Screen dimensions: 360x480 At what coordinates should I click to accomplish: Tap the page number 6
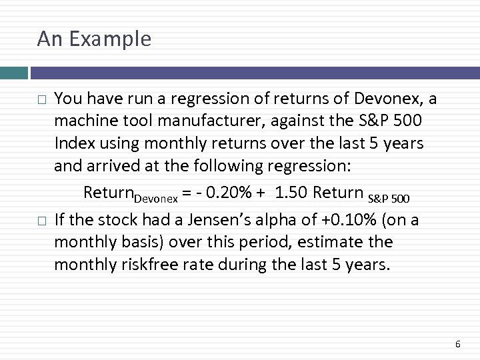pyautogui.click(x=457, y=344)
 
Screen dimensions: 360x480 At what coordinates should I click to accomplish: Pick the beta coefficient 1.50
pyautogui.click(x=293, y=193)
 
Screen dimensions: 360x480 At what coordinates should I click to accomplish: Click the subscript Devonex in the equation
pyautogui.click(x=155, y=199)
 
